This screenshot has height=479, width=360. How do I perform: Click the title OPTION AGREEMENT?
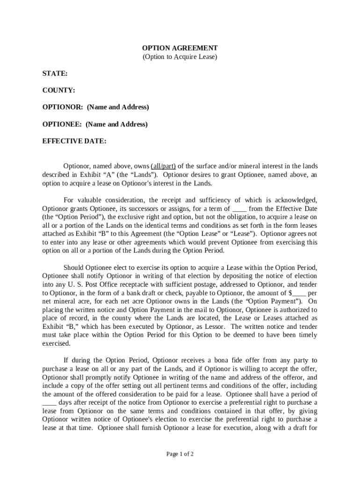tap(180, 48)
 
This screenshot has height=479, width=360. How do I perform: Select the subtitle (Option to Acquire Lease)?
tap(180, 57)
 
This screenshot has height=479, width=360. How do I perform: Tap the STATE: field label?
tap(55, 73)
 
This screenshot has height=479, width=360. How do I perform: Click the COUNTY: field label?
tap(59, 90)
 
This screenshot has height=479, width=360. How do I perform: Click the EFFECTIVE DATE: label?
tap(74, 141)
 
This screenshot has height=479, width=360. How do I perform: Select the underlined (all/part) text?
tap(163, 166)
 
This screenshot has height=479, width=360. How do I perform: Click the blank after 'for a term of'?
tap(239, 209)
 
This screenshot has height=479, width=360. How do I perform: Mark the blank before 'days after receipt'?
tap(49, 402)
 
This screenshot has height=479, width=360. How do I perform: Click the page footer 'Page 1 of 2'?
tap(180, 454)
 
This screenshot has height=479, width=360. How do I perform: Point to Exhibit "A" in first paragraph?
tap(95, 174)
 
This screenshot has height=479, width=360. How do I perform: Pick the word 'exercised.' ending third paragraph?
tap(56, 343)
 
